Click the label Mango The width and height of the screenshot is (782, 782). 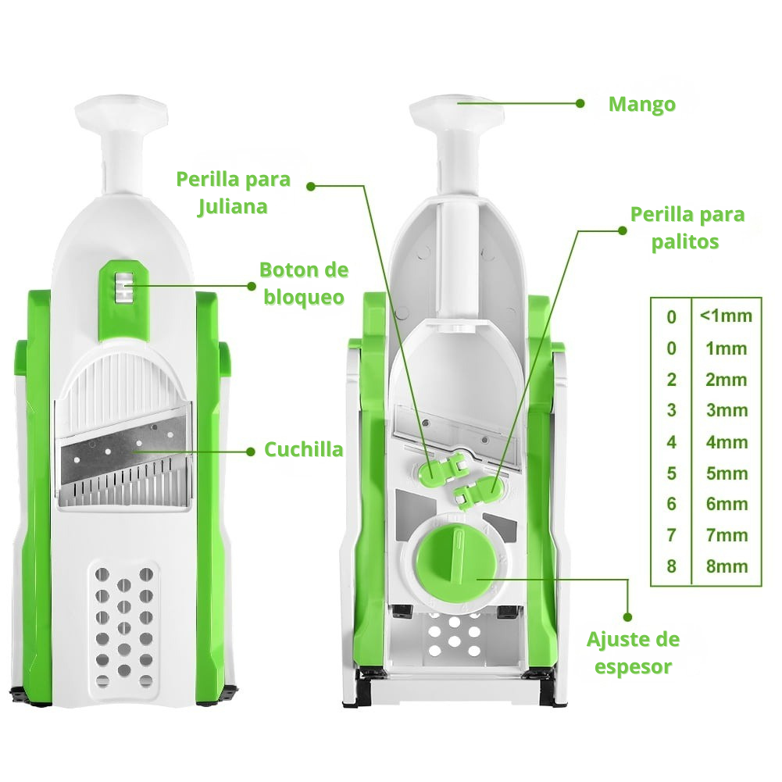(642, 104)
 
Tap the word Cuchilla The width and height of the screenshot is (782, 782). (304, 449)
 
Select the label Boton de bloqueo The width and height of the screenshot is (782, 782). (304, 284)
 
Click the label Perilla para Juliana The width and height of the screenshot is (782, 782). (234, 192)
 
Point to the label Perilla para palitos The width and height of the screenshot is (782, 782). (687, 228)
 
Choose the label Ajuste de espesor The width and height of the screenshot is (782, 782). (633, 653)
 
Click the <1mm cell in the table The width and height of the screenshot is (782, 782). (726, 316)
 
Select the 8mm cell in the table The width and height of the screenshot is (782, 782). (727, 566)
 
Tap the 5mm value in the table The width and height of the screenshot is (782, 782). (727, 473)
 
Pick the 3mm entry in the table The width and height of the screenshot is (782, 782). (727, 410)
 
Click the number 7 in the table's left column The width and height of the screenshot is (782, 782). (671, 535)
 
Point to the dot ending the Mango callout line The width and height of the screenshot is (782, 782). (580, 104)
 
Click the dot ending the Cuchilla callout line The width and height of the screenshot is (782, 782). (250, 452)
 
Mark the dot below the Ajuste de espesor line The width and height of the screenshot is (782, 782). (628, 617)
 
